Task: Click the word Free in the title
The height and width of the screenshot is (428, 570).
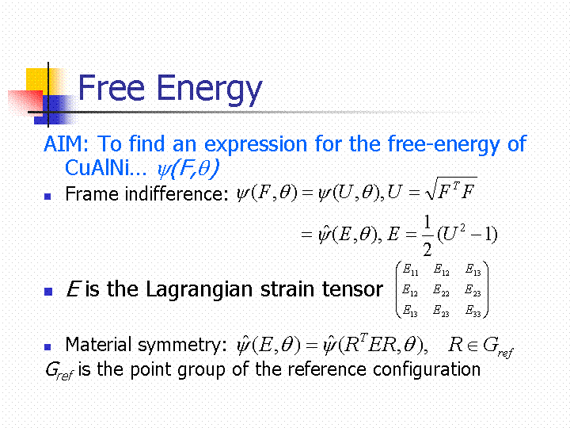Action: coord(112,87)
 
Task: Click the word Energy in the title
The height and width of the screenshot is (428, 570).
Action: coord(210,90)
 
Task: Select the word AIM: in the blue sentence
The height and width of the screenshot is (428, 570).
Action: coord(66,143)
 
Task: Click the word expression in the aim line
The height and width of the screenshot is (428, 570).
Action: coord(256,145)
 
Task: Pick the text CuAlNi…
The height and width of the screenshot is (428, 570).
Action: coord(105,168)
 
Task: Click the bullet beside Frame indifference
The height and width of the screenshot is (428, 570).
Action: coord(47,197)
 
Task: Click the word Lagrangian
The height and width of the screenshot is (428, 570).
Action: coord(199,290)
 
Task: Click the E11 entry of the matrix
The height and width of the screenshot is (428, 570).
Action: coord(410,269)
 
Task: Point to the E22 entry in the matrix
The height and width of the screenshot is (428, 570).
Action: coord(441,290)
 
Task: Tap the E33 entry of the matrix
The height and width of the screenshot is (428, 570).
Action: coord(473,311)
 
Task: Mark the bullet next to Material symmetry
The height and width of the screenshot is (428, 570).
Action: coord(47,347)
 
